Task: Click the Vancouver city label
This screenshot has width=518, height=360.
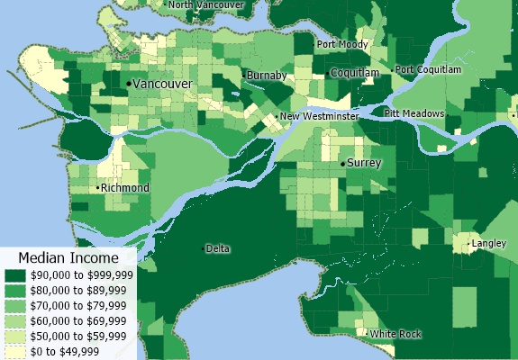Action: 163,83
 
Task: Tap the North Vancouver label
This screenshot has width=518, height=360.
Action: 206,4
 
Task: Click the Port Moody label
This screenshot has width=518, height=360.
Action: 341,44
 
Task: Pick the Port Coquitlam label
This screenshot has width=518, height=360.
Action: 428,69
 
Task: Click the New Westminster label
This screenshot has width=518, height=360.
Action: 319,117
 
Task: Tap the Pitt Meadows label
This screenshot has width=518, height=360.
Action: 414,113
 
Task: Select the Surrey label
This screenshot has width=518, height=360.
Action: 365,163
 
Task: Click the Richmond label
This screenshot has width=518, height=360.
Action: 125,187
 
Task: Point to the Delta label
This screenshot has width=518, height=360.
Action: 217,247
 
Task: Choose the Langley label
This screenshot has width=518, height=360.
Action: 489,243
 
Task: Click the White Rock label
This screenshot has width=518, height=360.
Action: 395,334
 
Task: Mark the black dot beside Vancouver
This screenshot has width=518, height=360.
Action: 129,83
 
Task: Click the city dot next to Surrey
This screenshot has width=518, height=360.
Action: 342,164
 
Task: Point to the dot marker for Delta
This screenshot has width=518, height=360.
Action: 203,247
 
